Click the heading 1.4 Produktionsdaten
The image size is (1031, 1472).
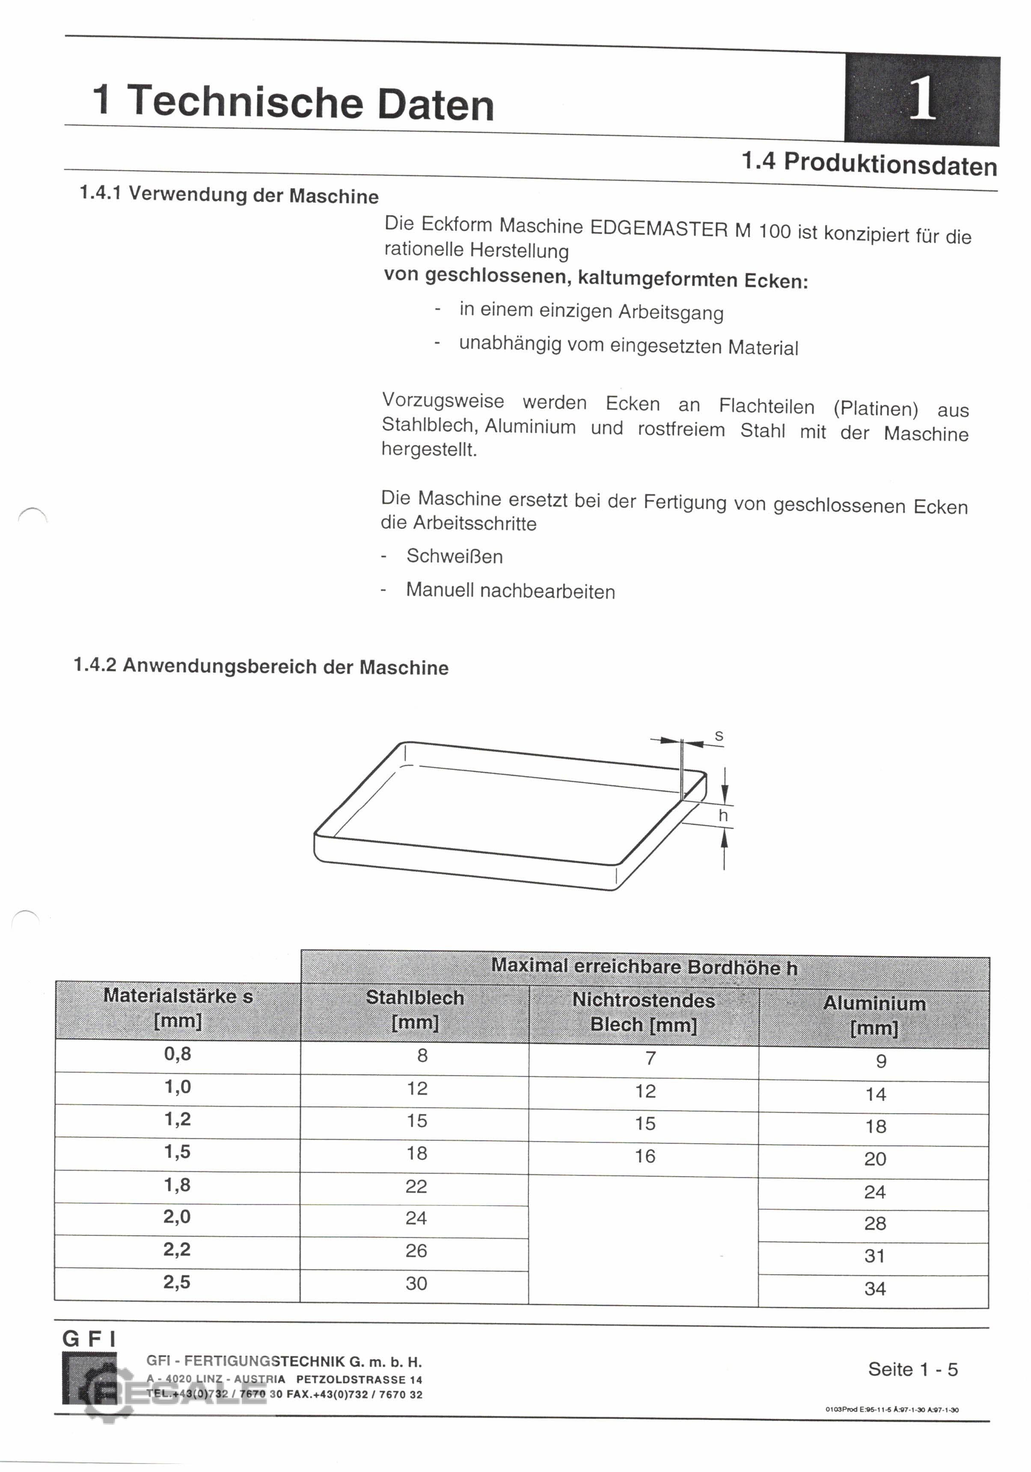click(869, 164)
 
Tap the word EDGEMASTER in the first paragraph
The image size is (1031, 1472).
click(658, 229)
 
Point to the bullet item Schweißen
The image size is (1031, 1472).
click(455, 556)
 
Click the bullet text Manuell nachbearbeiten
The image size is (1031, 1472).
click(510, 591)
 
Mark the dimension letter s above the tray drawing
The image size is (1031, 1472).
click(719, 736)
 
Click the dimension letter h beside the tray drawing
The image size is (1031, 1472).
click(723, 815)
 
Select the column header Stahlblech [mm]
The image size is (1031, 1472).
click(415, 1010)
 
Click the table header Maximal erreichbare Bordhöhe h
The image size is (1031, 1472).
click(644, 967)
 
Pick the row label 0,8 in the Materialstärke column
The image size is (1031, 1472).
click(178, 1054)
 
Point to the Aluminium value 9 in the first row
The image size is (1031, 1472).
click(881, 1061)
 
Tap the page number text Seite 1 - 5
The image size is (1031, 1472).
click(912, 1369)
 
